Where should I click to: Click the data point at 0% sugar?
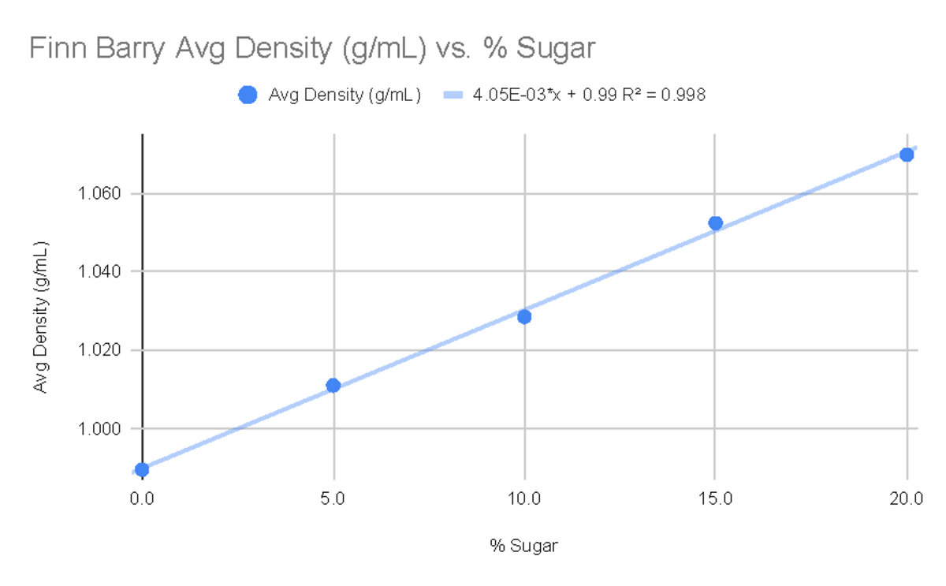(142, 469)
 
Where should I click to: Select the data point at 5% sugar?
(333, 385)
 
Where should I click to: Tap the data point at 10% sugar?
(524, 316)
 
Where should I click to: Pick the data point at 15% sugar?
(715, 223)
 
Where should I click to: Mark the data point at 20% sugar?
(907, 155)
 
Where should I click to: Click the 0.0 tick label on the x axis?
(142, 498)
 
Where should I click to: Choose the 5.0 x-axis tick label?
(333, 498)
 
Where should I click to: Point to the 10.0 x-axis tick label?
(524, 498)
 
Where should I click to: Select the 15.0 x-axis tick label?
(715, 498)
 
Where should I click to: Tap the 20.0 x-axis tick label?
(907, 498)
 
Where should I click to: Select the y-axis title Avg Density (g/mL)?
(39, 316)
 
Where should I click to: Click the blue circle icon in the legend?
(248, 95)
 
